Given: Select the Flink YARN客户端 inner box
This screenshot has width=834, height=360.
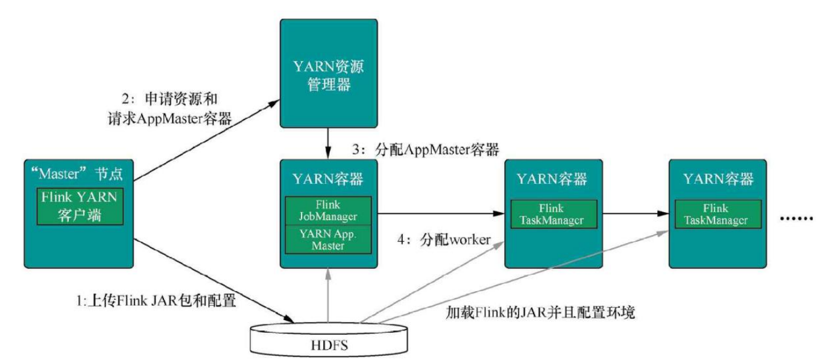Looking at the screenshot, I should click(x=78, y=206).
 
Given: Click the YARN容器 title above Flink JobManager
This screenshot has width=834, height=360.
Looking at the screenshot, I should click(x=328, y=179).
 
